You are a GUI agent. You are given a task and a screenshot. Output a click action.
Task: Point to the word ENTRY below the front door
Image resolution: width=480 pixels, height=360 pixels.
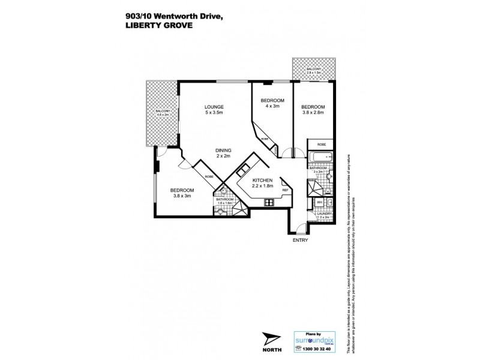[x=300, y=240]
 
